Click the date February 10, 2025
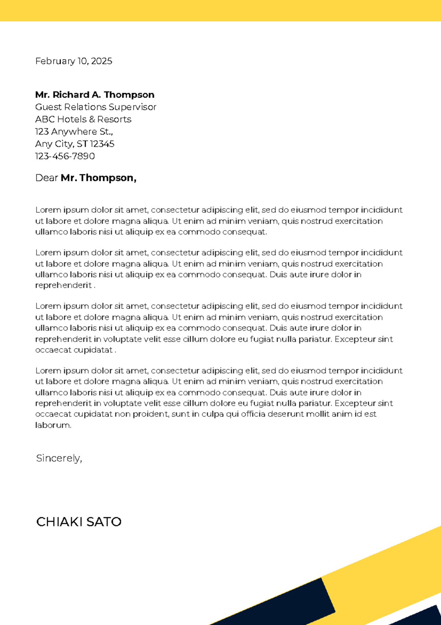73,61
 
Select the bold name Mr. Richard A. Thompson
94,95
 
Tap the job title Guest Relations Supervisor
96,107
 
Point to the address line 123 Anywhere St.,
74,131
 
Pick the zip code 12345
102,144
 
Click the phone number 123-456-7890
65,156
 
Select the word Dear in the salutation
46,178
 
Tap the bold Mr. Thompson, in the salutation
98,178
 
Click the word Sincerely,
59,458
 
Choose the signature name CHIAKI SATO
79,522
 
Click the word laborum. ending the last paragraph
53,425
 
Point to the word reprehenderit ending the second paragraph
63,285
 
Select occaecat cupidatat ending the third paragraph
73,350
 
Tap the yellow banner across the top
220,10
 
